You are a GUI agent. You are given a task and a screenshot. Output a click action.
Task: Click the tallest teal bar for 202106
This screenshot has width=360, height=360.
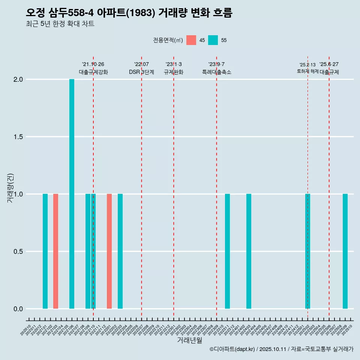[72, 194]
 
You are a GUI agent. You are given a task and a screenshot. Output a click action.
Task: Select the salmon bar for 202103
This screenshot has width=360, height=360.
[55, 251]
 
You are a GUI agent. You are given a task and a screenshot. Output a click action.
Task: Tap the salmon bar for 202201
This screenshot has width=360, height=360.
[109, 251]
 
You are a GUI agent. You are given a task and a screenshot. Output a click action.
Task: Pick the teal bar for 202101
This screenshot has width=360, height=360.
[45, 251]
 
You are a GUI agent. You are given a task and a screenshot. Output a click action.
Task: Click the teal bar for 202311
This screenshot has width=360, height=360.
[227, 251]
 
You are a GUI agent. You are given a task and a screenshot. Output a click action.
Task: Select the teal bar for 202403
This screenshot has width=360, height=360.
[249, 251]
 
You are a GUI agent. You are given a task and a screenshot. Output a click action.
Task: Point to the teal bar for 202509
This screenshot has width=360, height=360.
[345, 251]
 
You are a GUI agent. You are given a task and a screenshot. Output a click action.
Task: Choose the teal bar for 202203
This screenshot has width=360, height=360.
[120, 251]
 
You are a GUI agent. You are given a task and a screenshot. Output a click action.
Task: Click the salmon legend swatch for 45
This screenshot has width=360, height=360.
[191, 40]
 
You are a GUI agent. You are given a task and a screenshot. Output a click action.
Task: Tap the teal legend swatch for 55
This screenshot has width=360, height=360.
[213, 40]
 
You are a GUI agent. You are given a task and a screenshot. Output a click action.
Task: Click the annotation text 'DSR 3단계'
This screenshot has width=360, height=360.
[141, 72]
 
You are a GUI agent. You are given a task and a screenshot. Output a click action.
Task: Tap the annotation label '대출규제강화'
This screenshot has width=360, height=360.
[93, 72]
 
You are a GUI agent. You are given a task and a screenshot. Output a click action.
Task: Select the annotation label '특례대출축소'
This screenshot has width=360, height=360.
[217, 72]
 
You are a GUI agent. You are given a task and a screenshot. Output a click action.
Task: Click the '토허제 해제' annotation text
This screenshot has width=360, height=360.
[307, 71]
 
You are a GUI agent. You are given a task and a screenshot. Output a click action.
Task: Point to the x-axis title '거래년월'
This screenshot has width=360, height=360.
[189, 340]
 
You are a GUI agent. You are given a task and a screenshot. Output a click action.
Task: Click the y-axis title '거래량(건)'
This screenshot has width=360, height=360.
[10, 188]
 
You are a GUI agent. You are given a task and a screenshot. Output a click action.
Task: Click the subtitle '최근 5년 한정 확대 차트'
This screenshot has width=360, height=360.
[60, 24]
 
